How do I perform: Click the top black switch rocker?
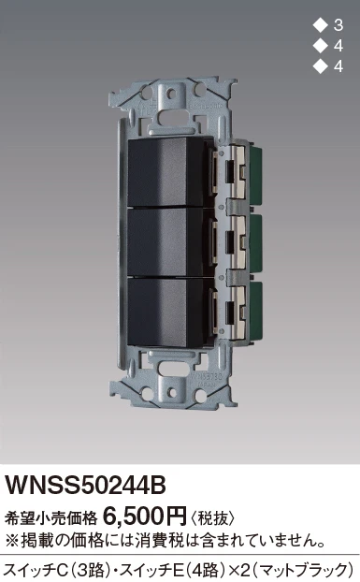coord(166,172)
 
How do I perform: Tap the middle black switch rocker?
coord(166,242)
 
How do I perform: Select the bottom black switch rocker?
coord(166,312)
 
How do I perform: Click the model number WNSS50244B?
coord(85,485)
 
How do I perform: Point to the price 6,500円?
coord(144,516)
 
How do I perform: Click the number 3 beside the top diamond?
coord(338,25)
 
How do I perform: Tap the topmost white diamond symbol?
coord(320,25)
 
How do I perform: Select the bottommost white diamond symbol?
coord(320,66)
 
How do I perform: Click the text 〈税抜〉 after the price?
coord(213,517)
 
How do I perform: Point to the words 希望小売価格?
coord(50,517)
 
